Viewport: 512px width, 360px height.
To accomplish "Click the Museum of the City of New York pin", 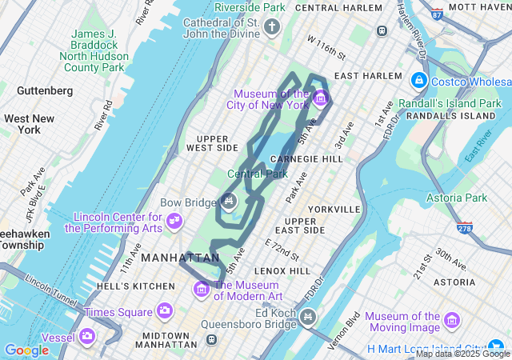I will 321,98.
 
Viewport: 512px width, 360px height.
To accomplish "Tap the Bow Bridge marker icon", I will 228,200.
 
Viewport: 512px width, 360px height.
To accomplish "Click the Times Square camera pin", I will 165,310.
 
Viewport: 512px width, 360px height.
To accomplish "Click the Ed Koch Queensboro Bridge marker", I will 306,319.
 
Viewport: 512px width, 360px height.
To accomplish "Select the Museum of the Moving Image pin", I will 453,320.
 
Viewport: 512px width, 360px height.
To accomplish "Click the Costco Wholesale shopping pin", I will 418,81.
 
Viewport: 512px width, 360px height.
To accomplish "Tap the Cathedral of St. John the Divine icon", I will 272,29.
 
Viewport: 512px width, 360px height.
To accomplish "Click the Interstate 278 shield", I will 464,229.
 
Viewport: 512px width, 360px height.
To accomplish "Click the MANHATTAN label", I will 180,258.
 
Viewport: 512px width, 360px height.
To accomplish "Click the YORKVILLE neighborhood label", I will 334,209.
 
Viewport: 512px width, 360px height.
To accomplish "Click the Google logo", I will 26,350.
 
